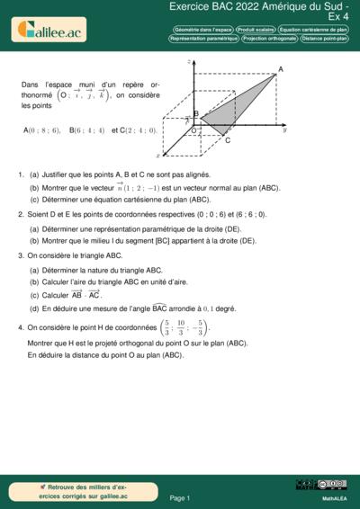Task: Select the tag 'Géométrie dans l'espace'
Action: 202,30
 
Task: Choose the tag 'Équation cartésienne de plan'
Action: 313,30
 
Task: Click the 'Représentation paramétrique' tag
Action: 203,39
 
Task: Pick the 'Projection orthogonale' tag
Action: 270,39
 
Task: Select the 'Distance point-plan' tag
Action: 325,39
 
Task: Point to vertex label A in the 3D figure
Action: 281,69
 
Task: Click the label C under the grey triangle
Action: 227,139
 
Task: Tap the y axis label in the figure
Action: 283,130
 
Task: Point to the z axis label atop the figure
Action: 189,61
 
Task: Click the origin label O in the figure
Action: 193,131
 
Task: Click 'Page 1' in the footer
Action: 179,497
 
